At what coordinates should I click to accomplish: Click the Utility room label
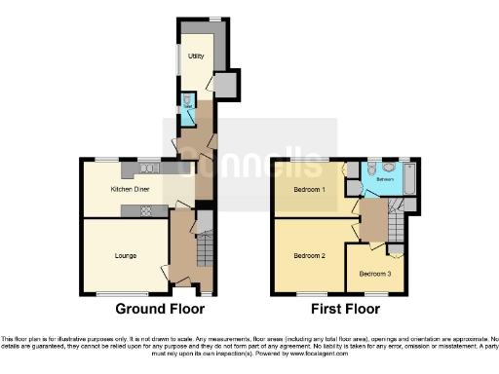(196, 57)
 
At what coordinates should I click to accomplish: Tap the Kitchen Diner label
(129, 188)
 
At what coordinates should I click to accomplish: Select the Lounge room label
(124, 255)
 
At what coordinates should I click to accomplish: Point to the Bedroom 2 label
(310, 256)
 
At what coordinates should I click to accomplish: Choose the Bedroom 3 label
(374, 274)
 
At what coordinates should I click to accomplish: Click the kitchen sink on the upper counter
(149, 167)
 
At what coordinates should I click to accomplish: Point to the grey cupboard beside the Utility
(224, 86)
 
